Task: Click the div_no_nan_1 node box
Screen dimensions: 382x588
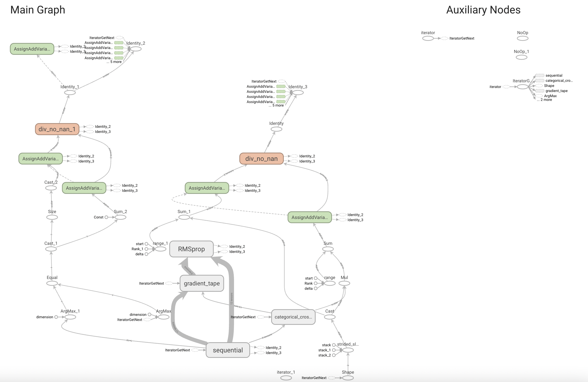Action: pos(57,129)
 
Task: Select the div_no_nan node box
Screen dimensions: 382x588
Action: pos(261,159)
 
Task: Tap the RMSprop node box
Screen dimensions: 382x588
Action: pos(192,249)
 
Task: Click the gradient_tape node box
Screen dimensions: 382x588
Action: pos(202,283)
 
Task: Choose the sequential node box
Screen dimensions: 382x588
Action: pos(228,350)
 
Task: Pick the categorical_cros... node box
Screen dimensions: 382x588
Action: pos(293,317)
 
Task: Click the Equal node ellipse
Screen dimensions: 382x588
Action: pos(52,283)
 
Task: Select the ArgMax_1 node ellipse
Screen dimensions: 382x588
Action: pos(70,317)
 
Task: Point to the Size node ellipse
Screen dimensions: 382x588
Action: pos(52,217)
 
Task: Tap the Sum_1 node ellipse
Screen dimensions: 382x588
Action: pos(184,217)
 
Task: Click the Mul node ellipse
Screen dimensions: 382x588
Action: pos(344,283)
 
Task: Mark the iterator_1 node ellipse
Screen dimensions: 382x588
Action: pos(286,378)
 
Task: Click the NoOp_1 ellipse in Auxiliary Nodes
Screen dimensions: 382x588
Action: pos(522,57)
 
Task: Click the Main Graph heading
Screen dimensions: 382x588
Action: pos(38,10)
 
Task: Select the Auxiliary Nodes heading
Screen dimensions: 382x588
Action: pos(483,10)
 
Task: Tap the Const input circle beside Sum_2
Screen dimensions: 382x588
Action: pos(106,217)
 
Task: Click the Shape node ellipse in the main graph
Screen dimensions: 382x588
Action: pos(348,378)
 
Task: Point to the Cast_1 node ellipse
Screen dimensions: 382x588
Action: pos(51,249)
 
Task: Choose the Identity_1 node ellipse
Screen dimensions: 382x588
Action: pos(70,93)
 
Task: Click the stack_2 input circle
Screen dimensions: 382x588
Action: pos(334,355)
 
